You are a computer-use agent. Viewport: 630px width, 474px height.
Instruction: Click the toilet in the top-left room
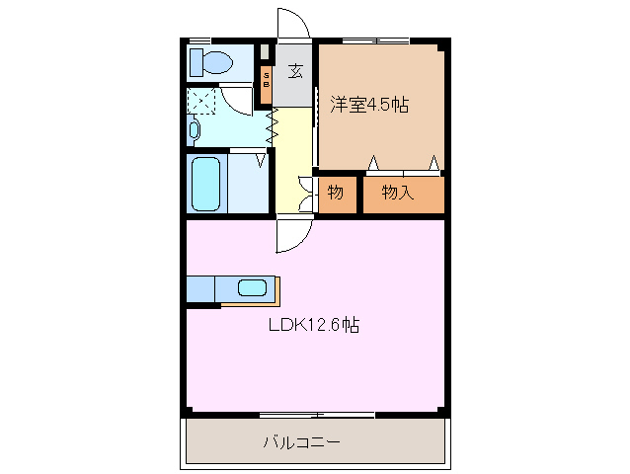click(213, 62)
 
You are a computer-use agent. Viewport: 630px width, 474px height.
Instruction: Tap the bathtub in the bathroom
click(205, 183)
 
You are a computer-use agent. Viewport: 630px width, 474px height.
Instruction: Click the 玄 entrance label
click(294, 70)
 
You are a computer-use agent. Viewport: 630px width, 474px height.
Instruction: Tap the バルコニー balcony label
click(301, 442)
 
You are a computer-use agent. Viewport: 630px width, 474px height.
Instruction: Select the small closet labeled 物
click(336, 193)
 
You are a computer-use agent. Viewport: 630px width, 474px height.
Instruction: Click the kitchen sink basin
click(252, 288)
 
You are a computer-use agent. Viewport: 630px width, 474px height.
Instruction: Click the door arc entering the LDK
click(293, 234)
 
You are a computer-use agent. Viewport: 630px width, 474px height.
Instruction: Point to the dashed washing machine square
click(202, 101)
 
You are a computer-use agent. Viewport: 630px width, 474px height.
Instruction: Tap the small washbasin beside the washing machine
click(194, 129)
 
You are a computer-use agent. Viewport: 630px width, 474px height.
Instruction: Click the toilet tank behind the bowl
click(196, 62)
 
